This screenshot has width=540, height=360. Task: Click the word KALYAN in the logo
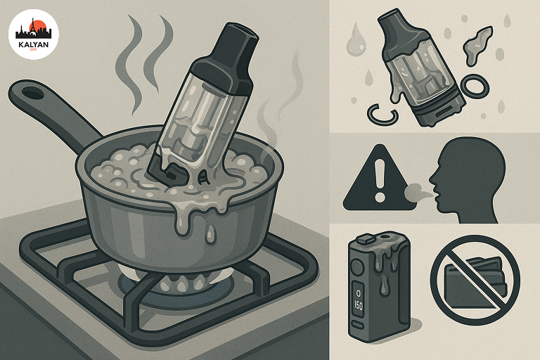pyautogui.click(x=34, y=45)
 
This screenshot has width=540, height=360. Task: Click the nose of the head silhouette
pyautogui.click(x=432, y=179)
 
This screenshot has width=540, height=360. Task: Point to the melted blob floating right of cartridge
pyautogui.click(x=479, y=45)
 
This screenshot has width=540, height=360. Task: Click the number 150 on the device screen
pyautogui.click(x=358, y=306)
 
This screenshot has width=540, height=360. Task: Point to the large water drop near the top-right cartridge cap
pyautogui.click(x=354, y=43)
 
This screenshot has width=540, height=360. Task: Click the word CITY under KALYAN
pyautogui.click(x=34, y=51)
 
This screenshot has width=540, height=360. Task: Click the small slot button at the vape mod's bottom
pyautogui.click(x=358, y=326)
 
